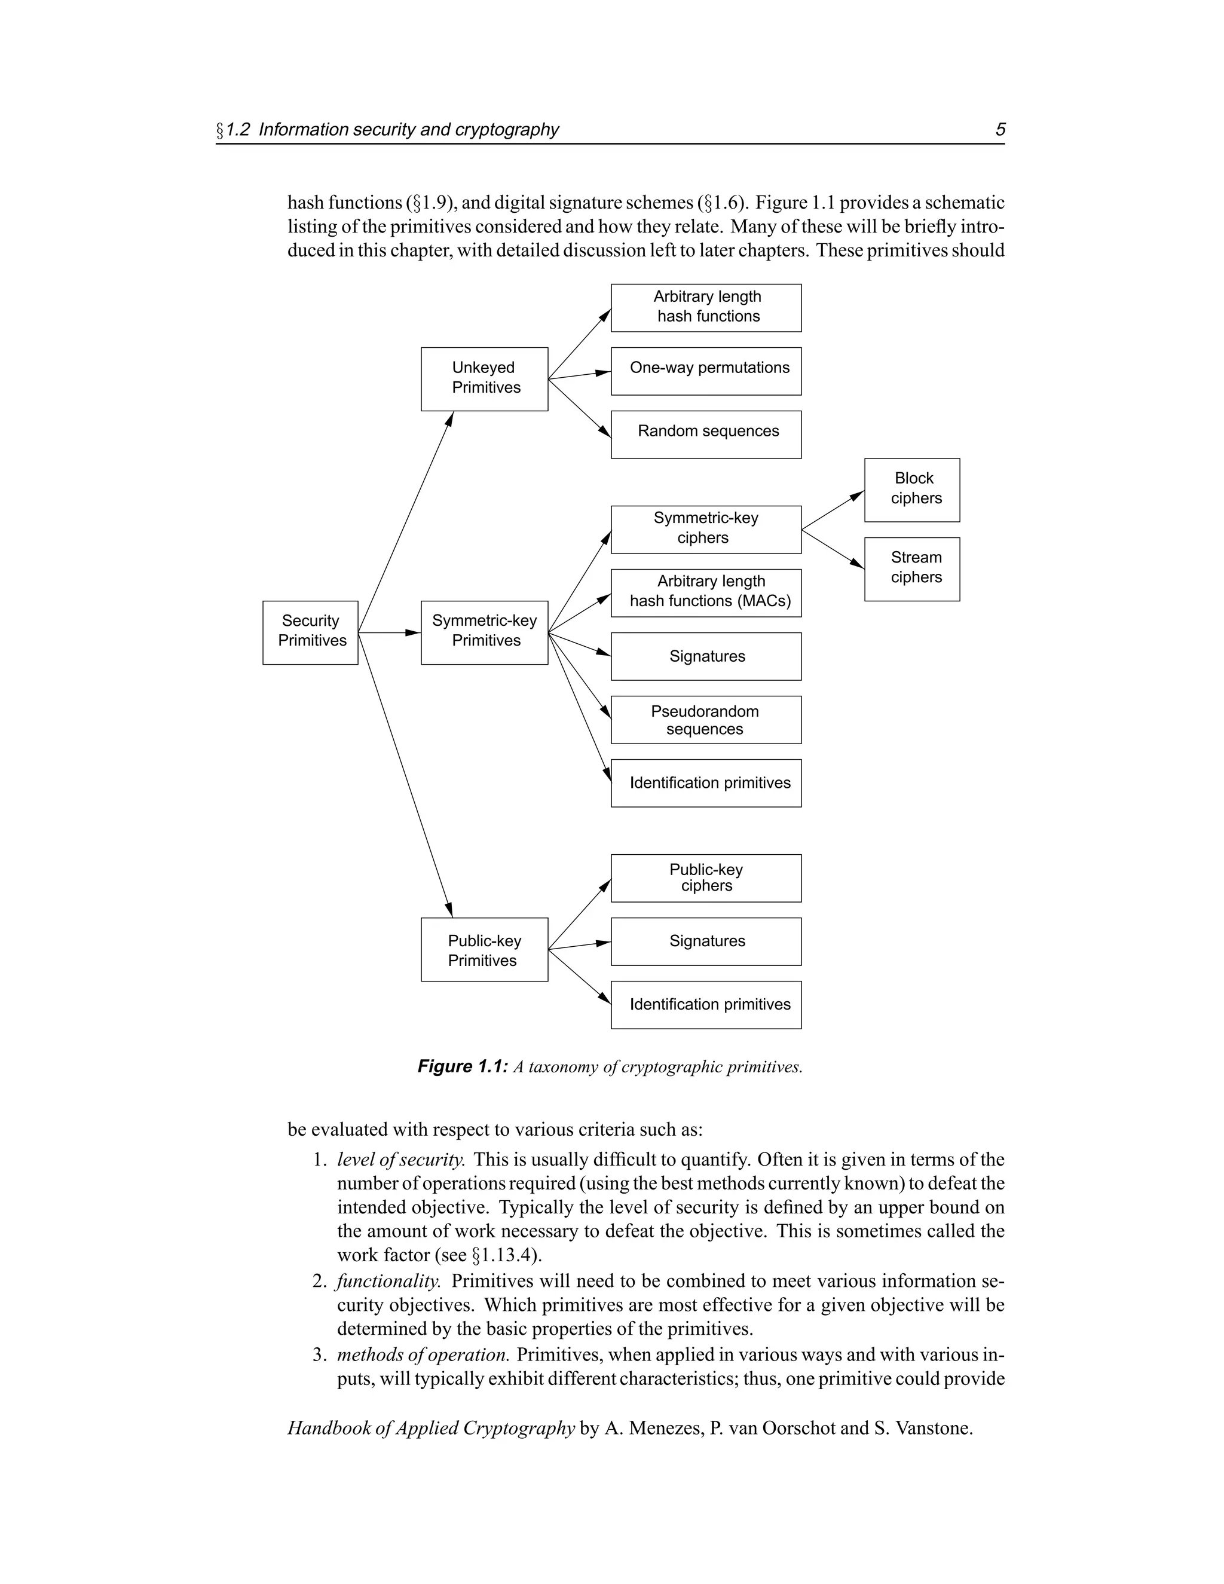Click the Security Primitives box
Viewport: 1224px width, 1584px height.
click(x=310, y=632)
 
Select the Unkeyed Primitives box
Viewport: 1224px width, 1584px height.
click(x=484, y=378)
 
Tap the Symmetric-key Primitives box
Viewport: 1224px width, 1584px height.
click(x=484, y=632)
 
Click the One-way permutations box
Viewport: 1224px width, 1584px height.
click(x=706, y=371)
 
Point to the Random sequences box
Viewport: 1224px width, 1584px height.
click(x=706, y=434)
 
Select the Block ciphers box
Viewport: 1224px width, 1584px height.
click(x=911, y=490)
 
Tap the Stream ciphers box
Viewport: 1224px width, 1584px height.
click(x=911, y=568)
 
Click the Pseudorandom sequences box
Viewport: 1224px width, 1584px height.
click(x=706, y=720)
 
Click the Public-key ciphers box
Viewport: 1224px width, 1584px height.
click(x=706, y=877)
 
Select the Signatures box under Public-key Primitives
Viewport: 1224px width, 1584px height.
click(x=706, y=941)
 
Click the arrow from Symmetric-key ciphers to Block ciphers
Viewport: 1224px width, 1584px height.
click(x=833, y=510)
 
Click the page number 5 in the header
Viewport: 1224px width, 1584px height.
click(x=1000, y=129)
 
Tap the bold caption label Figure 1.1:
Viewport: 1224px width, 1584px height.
click(x=463, y=1066)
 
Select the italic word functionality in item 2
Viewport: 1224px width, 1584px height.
click(x=388, y=1281)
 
